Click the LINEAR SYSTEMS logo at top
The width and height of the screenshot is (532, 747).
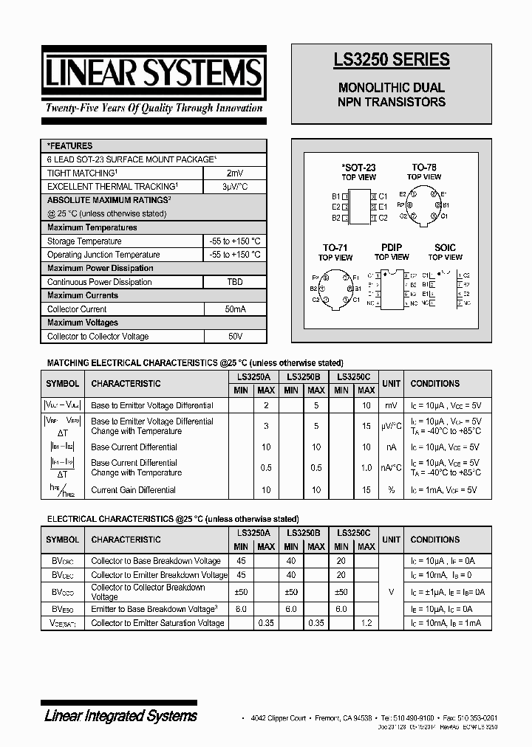click(x=153, y=74)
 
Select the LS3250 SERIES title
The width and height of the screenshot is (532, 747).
click(x=392, y=60)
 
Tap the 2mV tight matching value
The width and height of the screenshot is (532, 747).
click(x=234, y=173)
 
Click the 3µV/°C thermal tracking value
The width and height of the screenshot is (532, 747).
click(x=234, y=187)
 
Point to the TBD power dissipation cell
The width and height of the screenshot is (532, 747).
click(x=234, y=282)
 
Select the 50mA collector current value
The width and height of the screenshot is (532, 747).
click(x=234, y=309)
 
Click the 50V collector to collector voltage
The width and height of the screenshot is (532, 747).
click(x=234, y=337)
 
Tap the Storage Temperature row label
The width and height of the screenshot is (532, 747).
click(x=84, y=241)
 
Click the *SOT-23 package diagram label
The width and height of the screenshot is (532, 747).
click(x=358, y=168)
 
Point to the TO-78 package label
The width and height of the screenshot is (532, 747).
click(x=424, y=168)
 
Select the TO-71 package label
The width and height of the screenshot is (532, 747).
click(x=335, y=248)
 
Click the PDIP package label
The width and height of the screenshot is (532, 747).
click(x=391, y=248)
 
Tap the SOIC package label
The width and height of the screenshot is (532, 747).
click(x=445, y=248)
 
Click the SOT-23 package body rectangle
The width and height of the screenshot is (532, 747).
click(x=359, y=207)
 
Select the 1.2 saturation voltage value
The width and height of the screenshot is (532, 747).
click(x=366, y=623)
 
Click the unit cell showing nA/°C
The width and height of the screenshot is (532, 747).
click(x=391, y=467)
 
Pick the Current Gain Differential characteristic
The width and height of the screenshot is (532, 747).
click(x=133, y=489)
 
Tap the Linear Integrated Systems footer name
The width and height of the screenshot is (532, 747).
click(x=121, y=715)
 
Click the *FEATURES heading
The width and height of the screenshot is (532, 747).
click(x=70, y=146)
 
